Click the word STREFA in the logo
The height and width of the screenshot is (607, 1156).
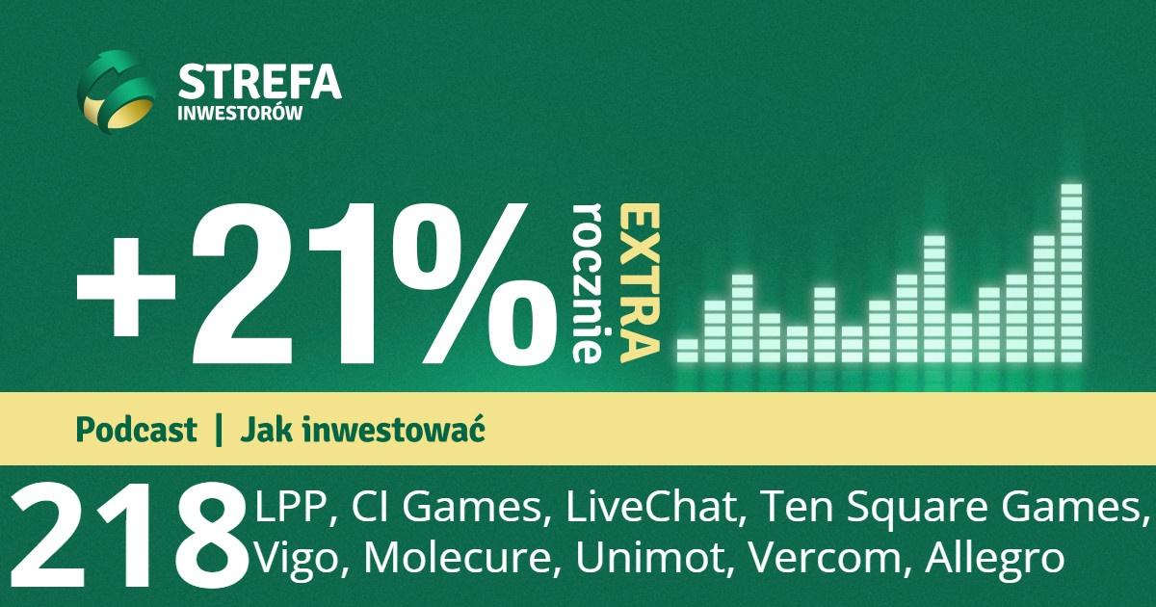pos(259,82)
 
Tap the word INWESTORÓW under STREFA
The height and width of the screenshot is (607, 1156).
pos(240,114)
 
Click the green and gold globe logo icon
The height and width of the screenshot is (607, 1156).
pos(117,92)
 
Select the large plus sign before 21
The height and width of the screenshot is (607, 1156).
pos(126,287)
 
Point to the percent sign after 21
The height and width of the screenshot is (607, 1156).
pos(474,284)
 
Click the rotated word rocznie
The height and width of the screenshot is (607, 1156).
pos(588,283)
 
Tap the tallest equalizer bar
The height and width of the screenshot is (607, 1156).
pos(1071,273)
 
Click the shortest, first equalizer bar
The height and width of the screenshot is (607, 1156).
pos(688,351)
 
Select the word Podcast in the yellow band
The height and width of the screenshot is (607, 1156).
pos(136,430)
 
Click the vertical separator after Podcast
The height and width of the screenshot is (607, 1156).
pos(219,430)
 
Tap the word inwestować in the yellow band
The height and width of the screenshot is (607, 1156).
pos(393,430)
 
